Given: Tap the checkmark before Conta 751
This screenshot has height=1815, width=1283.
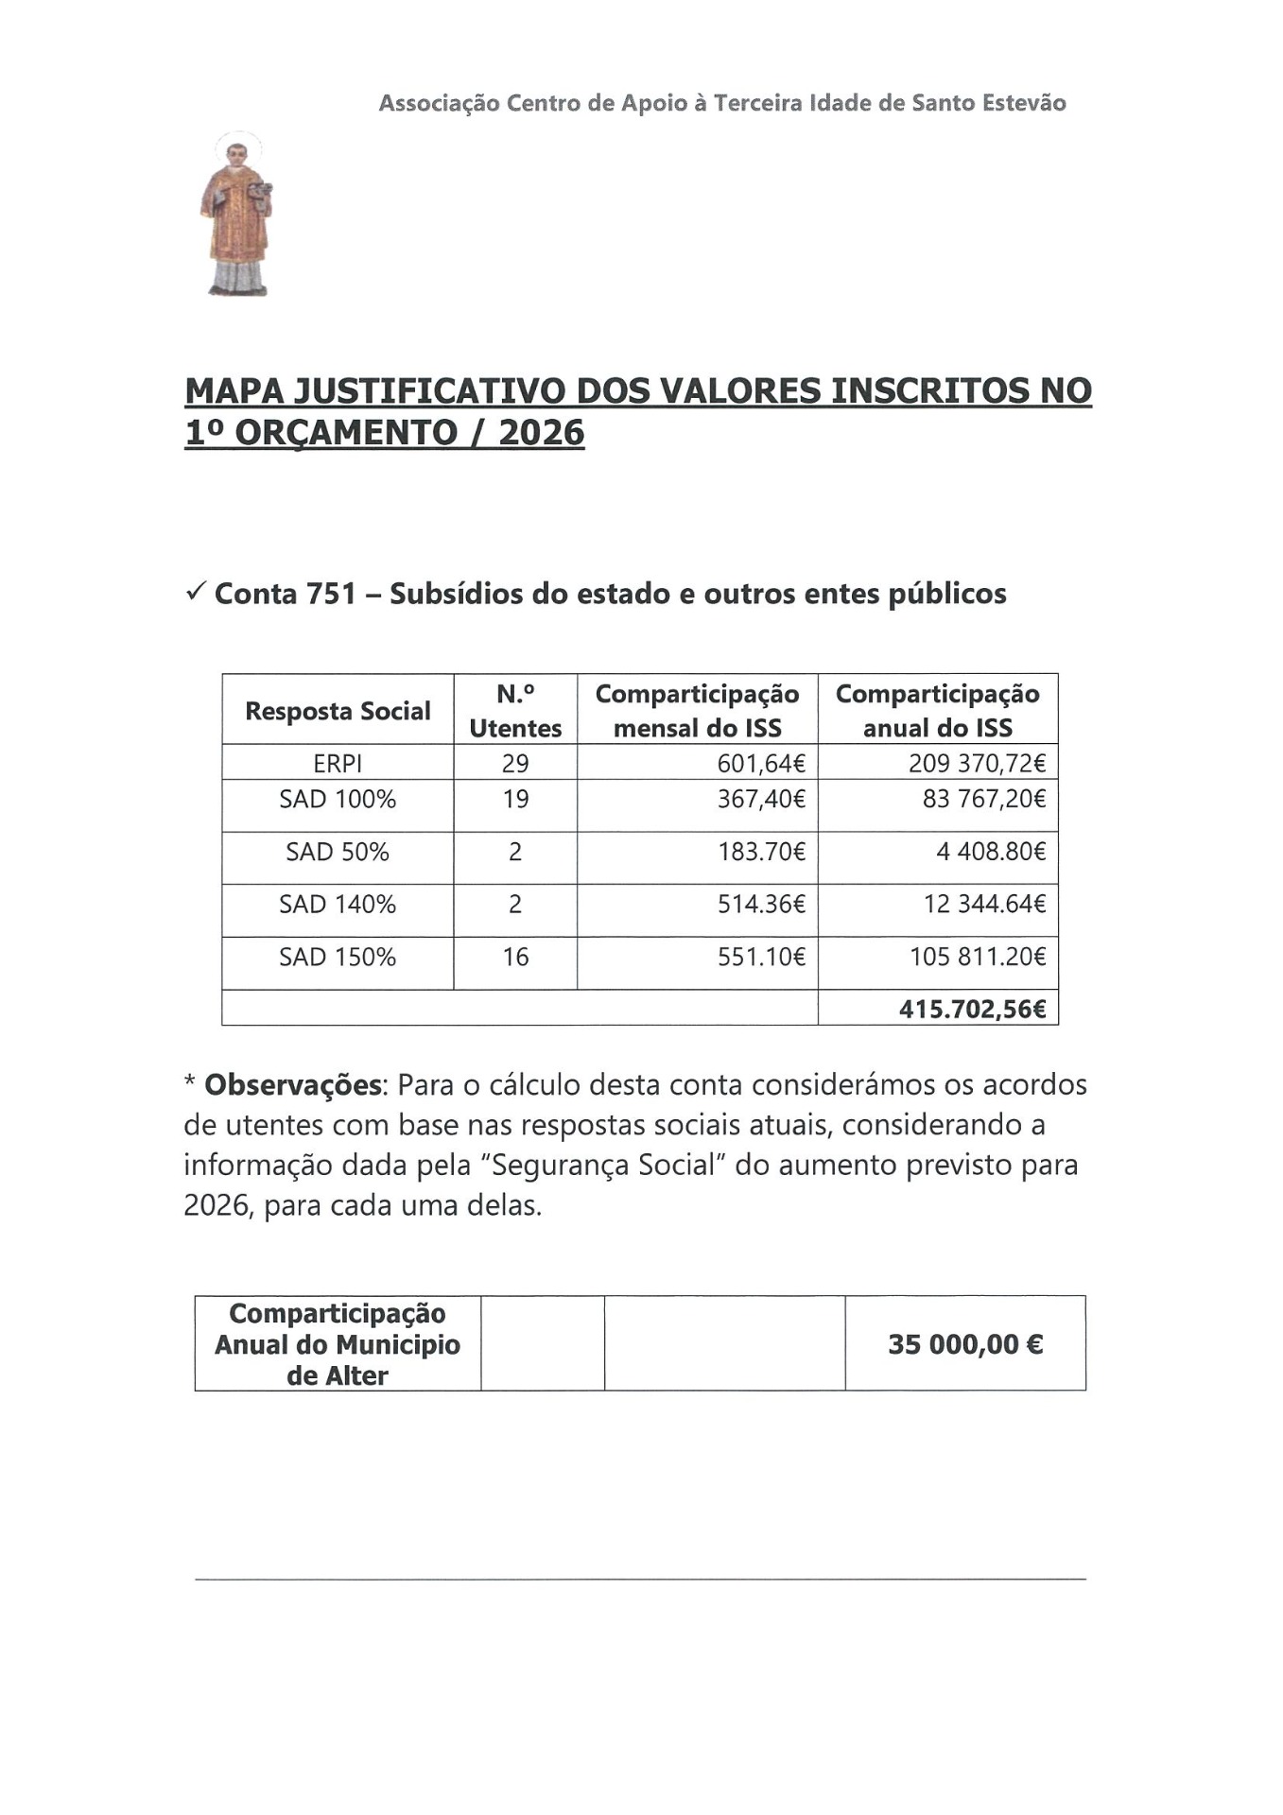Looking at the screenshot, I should pos(197,593).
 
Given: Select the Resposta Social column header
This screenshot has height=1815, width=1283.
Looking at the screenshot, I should pos(338,711).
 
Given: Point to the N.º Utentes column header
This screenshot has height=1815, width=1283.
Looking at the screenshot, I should pos(515,711).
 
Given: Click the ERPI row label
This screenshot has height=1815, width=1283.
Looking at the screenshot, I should pos(338,763).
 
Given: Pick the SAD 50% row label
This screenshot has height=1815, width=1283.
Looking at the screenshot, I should pos(338,852).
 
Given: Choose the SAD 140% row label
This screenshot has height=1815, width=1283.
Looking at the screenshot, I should pos(338,905).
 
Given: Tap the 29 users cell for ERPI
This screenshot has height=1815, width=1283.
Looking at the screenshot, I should pos(515,763).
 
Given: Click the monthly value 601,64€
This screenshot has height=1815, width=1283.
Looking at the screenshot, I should pos(761,763).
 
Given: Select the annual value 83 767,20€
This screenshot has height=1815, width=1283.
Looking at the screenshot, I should pos(984,800).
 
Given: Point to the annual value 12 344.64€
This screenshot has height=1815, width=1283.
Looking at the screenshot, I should pos(984,905).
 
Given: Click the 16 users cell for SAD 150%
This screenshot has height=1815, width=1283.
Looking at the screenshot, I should pos(515,958).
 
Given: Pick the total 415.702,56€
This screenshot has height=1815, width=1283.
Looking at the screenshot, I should pos(972,1010).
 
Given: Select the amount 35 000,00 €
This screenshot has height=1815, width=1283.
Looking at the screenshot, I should pos(964,1344).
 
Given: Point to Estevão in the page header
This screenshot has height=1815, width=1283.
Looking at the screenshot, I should pos(1023,103).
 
